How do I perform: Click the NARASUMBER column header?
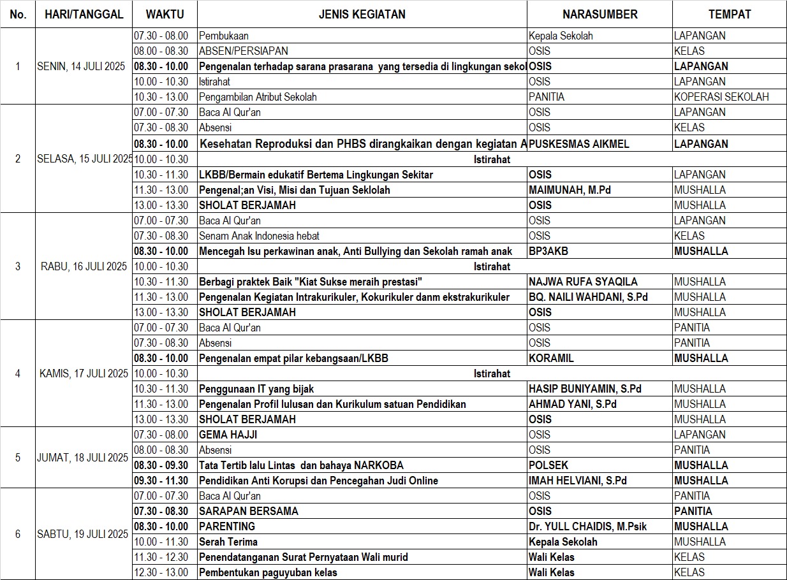coord(599,14)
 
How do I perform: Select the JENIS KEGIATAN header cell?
coord(362,14)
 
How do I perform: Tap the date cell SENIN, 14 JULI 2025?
coord(84,66)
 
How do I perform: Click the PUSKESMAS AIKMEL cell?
coord(579,144)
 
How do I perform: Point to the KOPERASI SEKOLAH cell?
coord(721,97)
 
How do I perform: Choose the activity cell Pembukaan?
coord(221,36)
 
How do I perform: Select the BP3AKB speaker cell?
coord(548,251)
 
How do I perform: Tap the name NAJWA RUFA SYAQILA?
coord(583,282)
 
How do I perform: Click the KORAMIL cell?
coord(551,358)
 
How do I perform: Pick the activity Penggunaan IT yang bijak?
coord(256,389)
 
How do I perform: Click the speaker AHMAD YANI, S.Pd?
coord(573,404)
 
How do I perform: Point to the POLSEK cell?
coord(548,465)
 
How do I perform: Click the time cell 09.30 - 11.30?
coord(161,481)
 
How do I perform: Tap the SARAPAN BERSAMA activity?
coord(249,511)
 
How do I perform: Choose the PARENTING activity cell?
coord(227,526)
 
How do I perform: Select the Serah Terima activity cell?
coord(228,542)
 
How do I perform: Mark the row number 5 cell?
coord(18,458)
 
